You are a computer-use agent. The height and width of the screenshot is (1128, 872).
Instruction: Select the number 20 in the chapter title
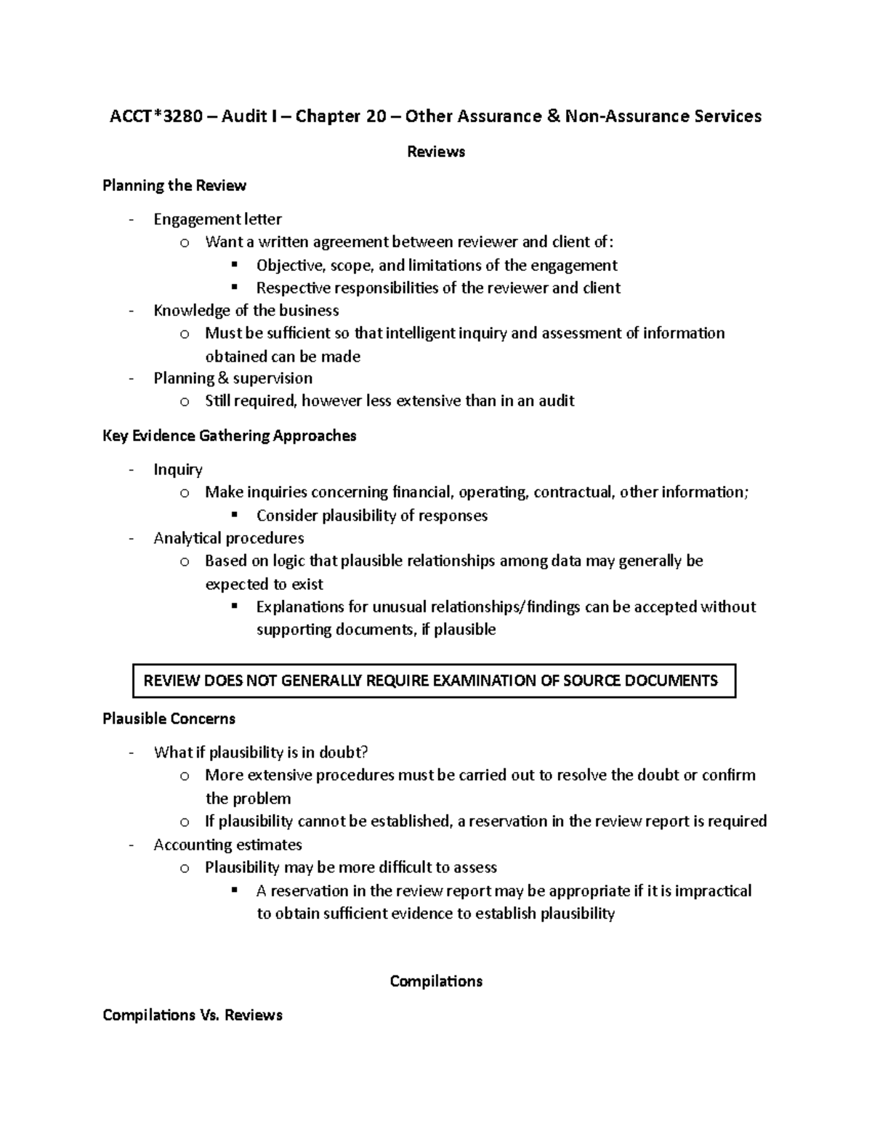[x=376, y=116]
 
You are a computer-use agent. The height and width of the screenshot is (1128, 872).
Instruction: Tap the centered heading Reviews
[x=436, y=152]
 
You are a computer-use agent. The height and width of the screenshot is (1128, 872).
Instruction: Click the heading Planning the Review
[x=174, y=185]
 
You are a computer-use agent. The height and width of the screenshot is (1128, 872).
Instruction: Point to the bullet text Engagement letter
[x=217, y=219]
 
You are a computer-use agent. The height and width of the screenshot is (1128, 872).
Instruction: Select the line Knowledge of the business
[x=246, y=311]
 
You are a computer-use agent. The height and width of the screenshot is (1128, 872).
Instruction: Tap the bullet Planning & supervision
[x=233, y=378]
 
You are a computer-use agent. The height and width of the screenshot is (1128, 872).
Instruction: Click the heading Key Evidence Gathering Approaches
[x=230, y=436]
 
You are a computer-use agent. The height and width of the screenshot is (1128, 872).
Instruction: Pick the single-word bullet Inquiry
[x=178, y=470]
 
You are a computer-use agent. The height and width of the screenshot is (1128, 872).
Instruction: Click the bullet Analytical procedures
[x=228, y=538]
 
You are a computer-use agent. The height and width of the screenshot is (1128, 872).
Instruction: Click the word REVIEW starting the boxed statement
[x=171, y=681]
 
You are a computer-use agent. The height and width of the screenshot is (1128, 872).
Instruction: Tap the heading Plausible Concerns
[x=169, y=719]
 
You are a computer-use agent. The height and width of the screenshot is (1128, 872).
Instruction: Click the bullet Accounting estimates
[x=227, y=845]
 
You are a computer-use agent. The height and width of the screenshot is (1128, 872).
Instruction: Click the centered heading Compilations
[x=436, y=981]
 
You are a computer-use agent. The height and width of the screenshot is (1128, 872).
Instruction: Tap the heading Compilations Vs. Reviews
[x=193, y=1015]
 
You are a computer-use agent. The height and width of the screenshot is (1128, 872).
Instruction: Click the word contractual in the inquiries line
[x=573, y=492]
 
